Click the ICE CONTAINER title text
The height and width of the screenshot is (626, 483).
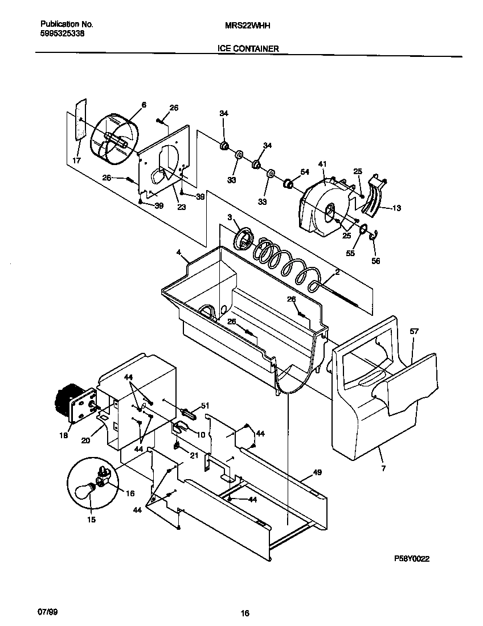pyautogui.click(x=248, y=49)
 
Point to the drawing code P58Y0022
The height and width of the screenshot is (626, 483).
pyautogui.click(x=412, y=559)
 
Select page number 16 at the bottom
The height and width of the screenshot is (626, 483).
pyautogui.click(x=244, y=613)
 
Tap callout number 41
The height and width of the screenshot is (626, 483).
pyautogui.click(x=322, y=164)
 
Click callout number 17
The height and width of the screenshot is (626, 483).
pyautogui.click(x=76, y=161)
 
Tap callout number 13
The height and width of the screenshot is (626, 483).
pyautogui.click(x=396, y=208)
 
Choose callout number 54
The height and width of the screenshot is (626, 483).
pyautogui.click(x=305, y=171)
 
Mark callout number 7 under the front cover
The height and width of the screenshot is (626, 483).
pyautogui.click(x=383, y=468)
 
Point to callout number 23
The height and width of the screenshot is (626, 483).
pyautogui.click(x=181, y=208)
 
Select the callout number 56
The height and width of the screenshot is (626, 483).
pyautogui.click(x=375, y=261)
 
